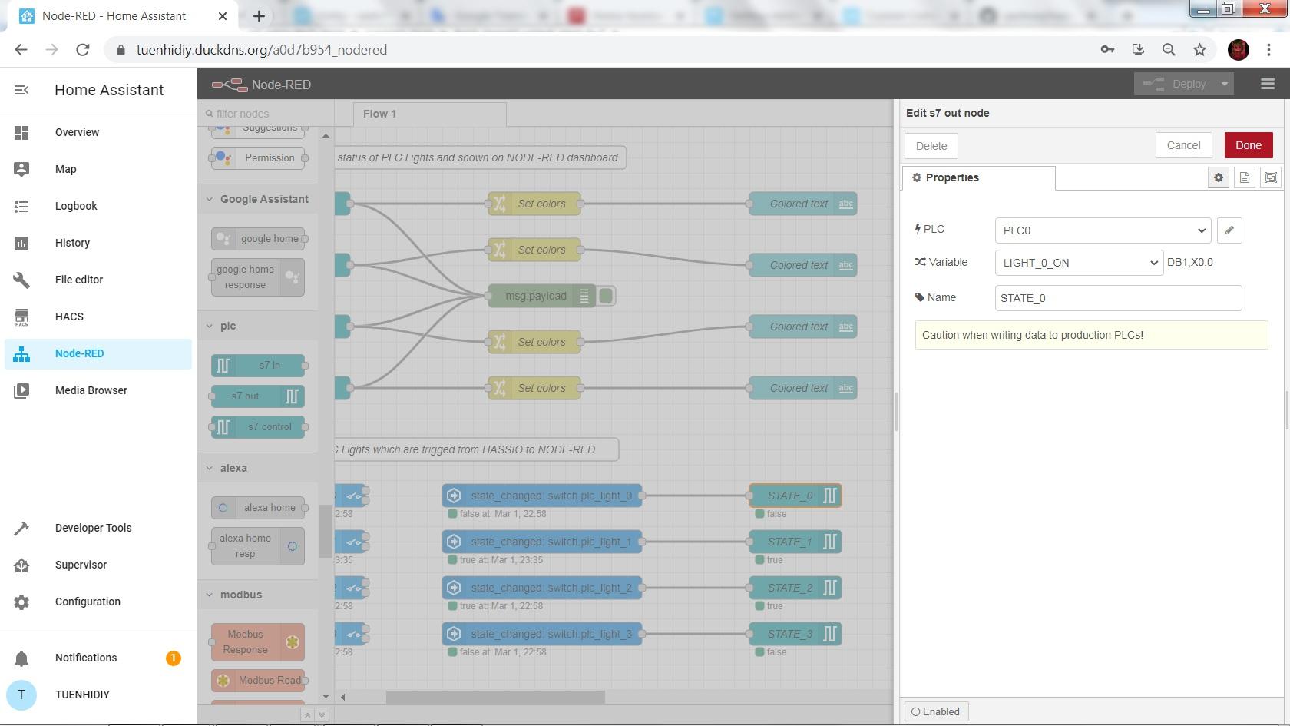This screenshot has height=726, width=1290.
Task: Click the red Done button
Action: click(x=1248, y=145)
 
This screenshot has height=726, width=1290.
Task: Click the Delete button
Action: click(x=931, y=146)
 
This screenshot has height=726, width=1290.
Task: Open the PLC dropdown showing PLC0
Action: click(x=1103, y=230)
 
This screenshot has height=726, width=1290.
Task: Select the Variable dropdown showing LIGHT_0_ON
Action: click(x=1078, y=263)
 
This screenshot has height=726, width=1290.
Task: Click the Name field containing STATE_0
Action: click(x=1118, y=298)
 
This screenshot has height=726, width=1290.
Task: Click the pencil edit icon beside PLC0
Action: click(x=1229, y=230)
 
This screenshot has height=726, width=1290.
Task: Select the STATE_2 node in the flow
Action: click(x=790, y=588)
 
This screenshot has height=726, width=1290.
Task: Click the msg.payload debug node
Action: click(x=536, y=296)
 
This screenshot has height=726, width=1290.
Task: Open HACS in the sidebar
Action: click(x=69, y=317)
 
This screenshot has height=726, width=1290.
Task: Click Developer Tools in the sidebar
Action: click(x=93, y=528)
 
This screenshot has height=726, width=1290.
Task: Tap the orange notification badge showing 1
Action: click(x=173, y=658)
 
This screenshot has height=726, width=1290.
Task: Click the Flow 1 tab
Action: click(x=379, y=114)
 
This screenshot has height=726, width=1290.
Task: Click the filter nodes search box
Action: click(x=265, y=114)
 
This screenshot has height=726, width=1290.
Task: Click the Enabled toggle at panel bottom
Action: click(x=935, y=711)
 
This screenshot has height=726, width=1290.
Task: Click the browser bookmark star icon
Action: click(x=1199, y=50)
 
